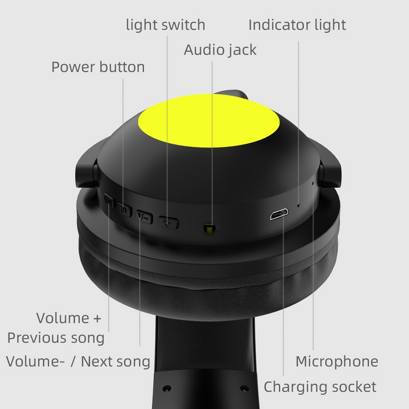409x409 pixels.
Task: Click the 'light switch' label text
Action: click(x=165, y=25)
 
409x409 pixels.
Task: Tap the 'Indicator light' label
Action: click(x=297, y=25)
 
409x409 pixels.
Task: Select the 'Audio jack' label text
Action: click(x=220, y=50)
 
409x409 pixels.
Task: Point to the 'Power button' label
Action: click(x=98, y=67)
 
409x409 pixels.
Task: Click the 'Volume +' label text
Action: click(x=69, y=318)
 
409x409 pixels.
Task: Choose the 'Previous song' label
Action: click(x=56, y=338)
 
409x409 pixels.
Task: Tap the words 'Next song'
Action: click(x=116, y=362)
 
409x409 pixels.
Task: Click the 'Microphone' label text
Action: click(x=337, y=361)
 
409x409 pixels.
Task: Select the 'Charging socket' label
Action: click(x=320, y=387)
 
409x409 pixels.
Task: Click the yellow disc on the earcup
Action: click(x=209, y=121)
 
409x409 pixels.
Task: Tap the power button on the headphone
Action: click(x=124, y=209)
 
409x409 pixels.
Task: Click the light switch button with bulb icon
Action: click(x=168, y=223)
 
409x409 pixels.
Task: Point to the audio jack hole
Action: click(x=209, y=228)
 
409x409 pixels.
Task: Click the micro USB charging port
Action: click(x=279, y=214)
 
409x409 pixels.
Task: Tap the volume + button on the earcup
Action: click(x=109, y=200)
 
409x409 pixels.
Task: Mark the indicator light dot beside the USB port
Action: click(x=299, y=206)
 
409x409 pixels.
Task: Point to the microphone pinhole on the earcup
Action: click(x=313, y=183)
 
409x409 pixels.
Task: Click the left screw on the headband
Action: click(x=167, y=388)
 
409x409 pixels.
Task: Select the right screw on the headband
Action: click(x=244, y=388)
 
